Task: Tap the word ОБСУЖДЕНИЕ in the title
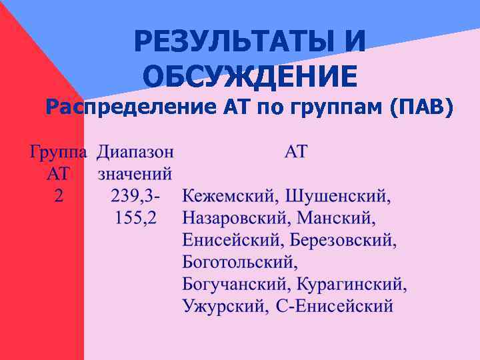pos(251,75)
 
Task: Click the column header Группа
pos(58,153)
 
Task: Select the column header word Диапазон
pos(135,153)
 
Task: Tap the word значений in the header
pos(135,175)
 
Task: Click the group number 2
pos(59,197)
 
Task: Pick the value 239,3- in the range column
pos(136,197)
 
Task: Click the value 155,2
pos(136,219)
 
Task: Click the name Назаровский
pos(236,219)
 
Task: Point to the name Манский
pos(336,219)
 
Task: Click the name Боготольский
pos(238,263)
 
